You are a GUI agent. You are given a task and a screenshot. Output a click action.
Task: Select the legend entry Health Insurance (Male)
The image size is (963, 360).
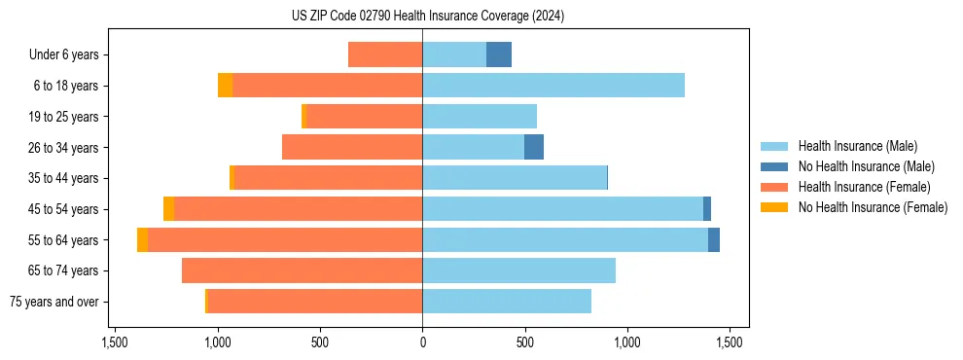(x=857, y=146)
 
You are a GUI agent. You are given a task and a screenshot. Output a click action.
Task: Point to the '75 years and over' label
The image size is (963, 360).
(x=54, y=302)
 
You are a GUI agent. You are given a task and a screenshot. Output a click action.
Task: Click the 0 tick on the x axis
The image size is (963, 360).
(x=422, y=342)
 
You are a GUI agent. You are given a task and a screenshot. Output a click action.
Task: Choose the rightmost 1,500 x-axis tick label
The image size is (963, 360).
(x=730, y=342)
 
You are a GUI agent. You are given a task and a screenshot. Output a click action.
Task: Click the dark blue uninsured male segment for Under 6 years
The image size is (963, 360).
(x=499, y=54)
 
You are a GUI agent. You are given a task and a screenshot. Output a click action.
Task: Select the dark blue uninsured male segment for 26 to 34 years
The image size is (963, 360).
(x=534, y=147)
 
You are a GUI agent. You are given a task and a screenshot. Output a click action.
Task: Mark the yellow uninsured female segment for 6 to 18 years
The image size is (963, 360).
(x=225, y=86)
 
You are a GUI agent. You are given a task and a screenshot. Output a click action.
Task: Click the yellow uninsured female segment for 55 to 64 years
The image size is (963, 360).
(x=142, y=239)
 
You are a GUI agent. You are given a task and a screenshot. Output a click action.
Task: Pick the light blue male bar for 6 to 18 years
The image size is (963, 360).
(x=553, y=86)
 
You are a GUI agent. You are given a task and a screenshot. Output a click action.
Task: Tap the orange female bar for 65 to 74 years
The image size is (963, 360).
(x=302, y=270)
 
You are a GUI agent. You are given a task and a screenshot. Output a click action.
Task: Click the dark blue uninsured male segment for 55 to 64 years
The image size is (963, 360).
(x=714, y=239)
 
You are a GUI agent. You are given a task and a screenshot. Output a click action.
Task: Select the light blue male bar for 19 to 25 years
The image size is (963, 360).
(x=480, y=117)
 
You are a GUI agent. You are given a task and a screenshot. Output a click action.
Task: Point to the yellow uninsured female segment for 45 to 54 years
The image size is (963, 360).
(x=168, y=209)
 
